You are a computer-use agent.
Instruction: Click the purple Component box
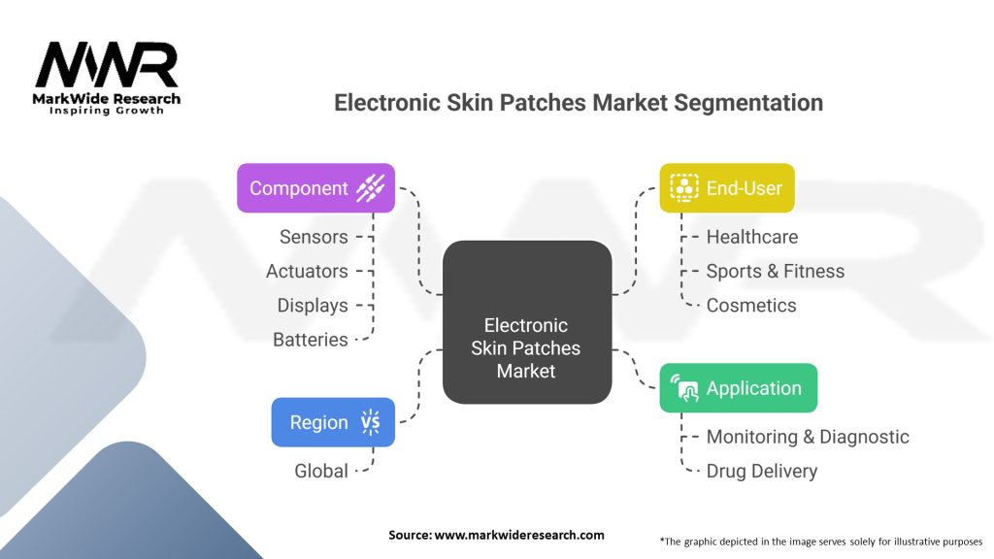(315, 187)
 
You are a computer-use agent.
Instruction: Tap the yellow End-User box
(727, 187)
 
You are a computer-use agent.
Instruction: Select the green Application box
(739, 388)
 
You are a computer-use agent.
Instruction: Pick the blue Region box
(332, 422)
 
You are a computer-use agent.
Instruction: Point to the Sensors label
(313, 237)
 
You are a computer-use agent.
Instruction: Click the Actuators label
(307, 271)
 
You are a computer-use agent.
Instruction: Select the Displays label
(312, 305)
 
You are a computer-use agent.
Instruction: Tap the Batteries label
(310, 340)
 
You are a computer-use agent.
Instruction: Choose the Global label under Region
(320, 471)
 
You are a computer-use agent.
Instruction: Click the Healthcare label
(752, 237)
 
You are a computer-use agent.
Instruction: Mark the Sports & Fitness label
(775, 271)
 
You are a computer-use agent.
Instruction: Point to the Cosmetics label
(750, 305)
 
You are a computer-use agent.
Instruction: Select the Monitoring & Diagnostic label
(807, 437)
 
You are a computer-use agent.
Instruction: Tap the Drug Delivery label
(761, 471)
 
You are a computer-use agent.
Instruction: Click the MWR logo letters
(107, 66)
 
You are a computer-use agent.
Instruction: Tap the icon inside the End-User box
(684, 187)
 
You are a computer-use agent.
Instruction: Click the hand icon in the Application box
(685, 389)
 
